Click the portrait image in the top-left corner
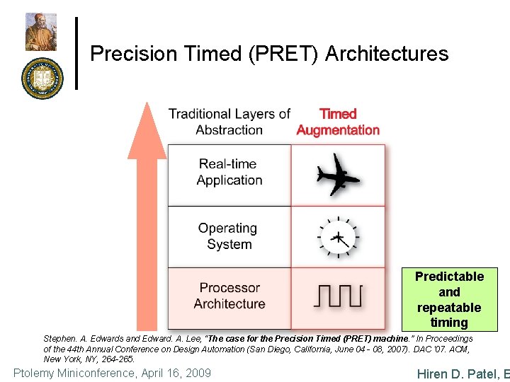click(41, 31)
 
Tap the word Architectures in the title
click(387, 54)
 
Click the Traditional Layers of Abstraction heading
click(229, 122)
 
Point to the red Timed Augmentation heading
click(338, 122)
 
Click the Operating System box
click(229, 236)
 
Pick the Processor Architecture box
click(229, 296)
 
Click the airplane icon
click(338, 175)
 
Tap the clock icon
click(338, 237)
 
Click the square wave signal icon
click(338, 296)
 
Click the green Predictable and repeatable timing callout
click(449, 299)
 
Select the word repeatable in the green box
click(449, 308)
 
